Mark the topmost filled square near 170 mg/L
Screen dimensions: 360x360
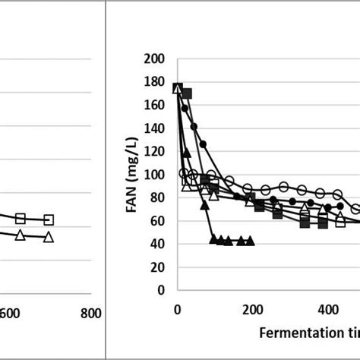[186, 93]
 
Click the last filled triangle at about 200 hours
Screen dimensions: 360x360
[250, 241]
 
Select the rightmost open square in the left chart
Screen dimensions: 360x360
[49, 219]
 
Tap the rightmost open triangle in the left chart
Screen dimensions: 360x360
[49, 237]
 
